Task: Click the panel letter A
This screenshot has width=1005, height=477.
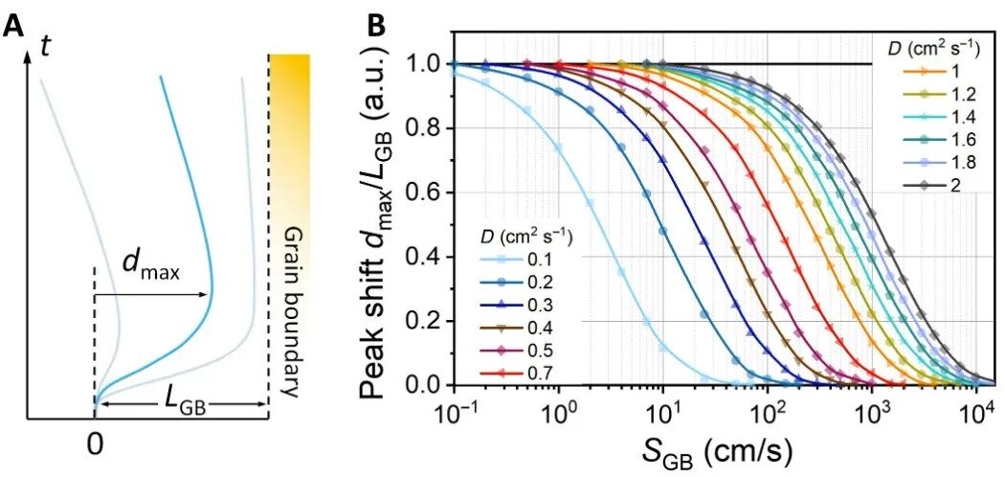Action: (13, 25)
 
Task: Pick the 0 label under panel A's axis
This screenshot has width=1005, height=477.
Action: (94, 444)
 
